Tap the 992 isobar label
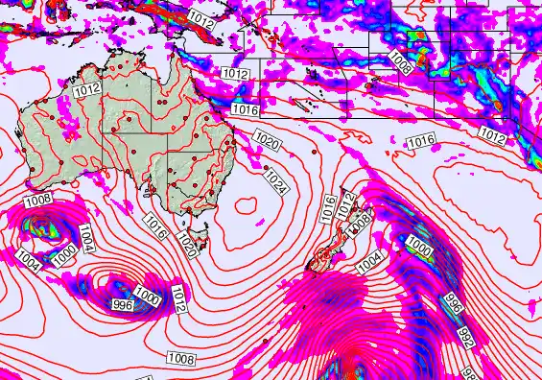tap(465, 338)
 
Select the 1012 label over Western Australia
tap(85, 90)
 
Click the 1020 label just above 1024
tap(267, 143)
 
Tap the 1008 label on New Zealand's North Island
tap(362, 221)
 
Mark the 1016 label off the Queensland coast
tap(247, 110)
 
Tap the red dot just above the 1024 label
tap(266, 168)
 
